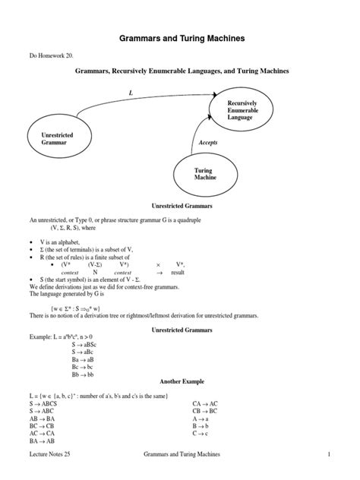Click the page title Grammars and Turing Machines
click(x=179, y=36)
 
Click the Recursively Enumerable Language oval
click(x=246, y=110)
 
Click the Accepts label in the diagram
click(x=208, y=142)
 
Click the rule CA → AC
click(x=207, y=404)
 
